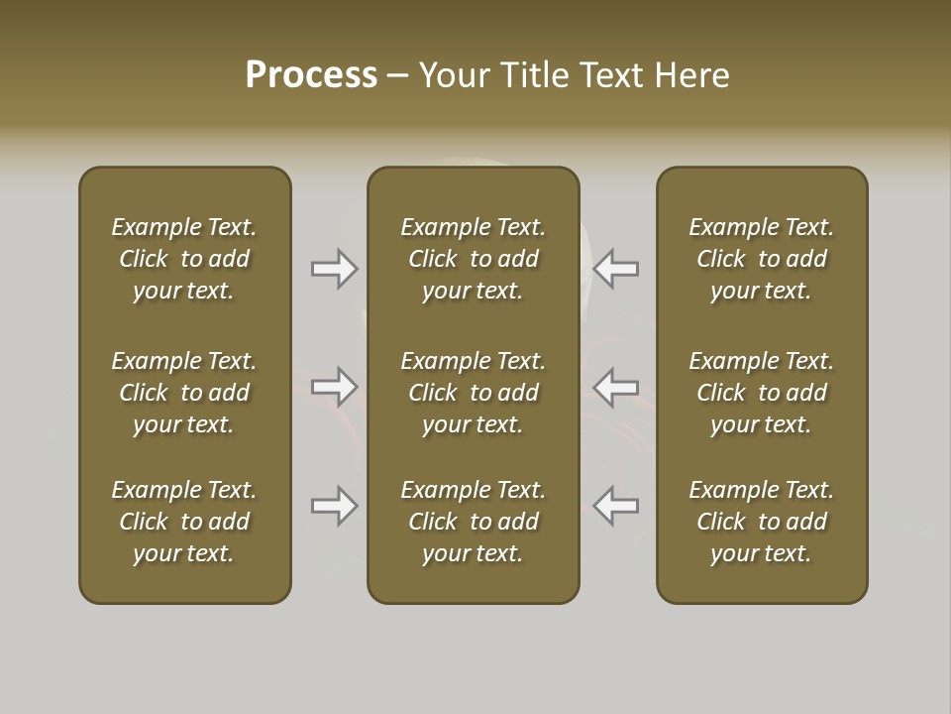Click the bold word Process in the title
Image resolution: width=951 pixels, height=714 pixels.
click(311, 75)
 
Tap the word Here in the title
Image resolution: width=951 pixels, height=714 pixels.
click(692, 75)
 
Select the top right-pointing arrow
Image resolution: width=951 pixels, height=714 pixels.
click(335, 269)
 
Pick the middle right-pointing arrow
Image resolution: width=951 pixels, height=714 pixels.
click(335, 387)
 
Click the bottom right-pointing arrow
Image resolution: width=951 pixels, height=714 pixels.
click(335, 506)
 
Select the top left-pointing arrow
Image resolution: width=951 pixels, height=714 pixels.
click(616, 269)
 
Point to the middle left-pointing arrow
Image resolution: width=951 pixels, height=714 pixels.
click(616, 387)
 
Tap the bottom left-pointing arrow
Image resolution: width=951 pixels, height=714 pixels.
click(616, 506)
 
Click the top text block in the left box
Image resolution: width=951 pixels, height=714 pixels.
click(184, 259)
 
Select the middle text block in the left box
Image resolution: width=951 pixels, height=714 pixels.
click(184, 393)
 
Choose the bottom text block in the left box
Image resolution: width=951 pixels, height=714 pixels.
click(184, 522)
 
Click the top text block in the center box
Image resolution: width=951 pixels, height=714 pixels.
click(474, 259)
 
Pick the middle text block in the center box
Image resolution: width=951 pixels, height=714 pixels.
click(474, 393)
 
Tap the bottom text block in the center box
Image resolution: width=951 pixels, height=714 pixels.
click(474, 522)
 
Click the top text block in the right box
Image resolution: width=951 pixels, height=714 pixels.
click(762, 259)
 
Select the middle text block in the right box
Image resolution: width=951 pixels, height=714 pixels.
click(762, 393)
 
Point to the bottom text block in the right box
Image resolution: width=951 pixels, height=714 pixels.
click(762, 522)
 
